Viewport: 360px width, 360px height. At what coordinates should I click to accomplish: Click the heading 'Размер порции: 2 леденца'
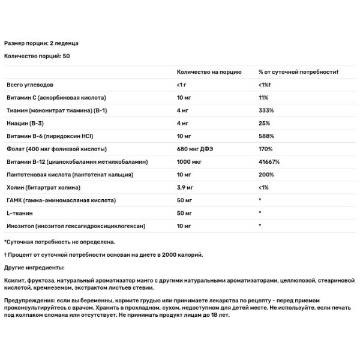(x=41, y=44)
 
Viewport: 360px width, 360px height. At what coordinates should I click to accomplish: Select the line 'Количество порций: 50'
(x=37, y=56)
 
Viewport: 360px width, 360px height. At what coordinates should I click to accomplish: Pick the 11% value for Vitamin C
(x=263, y=98)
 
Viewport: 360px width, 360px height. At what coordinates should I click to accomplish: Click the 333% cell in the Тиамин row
(x=266, y=111)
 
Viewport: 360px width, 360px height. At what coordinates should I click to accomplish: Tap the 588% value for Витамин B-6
(x=266, y=136)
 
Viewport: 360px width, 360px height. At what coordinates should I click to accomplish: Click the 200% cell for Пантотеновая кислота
(x=266, y=175)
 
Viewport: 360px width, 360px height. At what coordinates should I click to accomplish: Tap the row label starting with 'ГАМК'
(x=55, y=200)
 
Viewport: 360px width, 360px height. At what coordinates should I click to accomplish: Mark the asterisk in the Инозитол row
(x=260, y=226)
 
